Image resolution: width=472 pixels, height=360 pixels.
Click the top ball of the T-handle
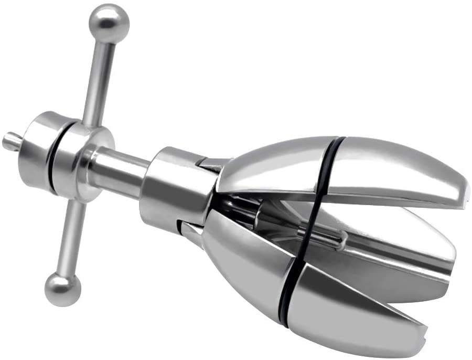point(109,23)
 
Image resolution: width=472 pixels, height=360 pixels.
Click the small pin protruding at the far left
point(10,141)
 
